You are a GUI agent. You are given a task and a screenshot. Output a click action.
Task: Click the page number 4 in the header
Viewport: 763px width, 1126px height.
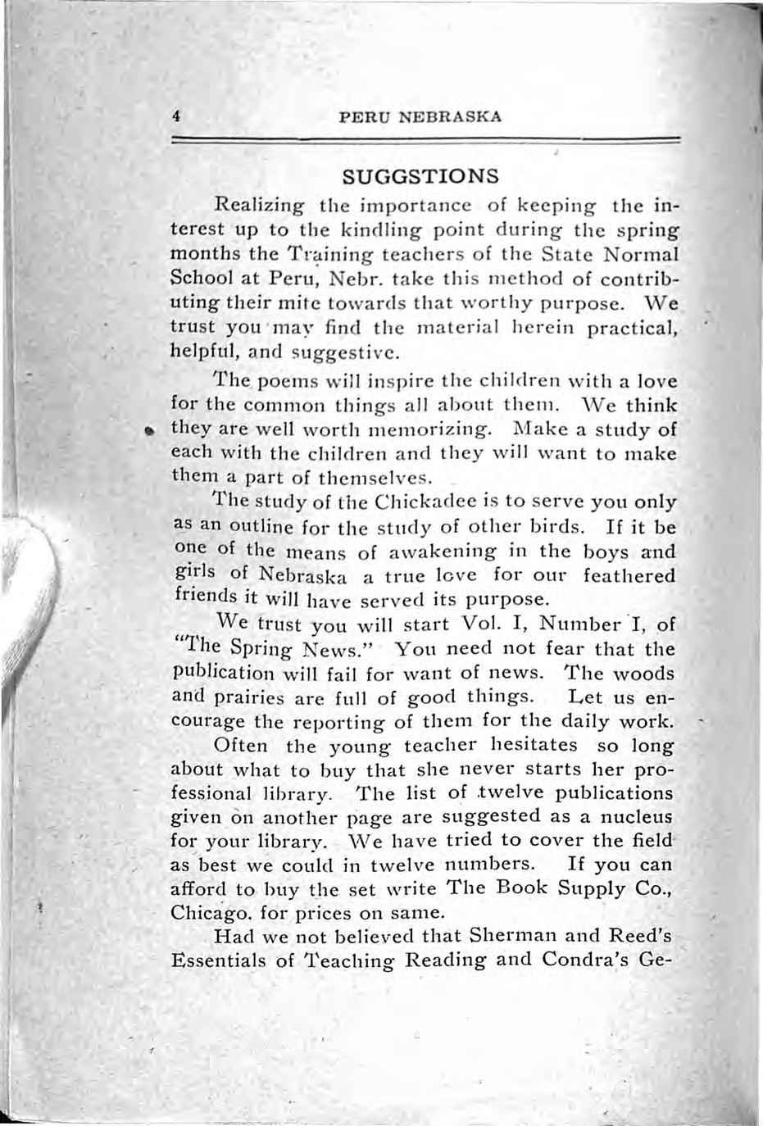(x=176, y=116)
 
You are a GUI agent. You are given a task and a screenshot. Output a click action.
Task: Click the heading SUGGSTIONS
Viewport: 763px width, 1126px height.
(x=420, y=176)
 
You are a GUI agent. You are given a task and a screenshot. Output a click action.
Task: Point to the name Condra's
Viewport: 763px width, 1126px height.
(x=587, y=959)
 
